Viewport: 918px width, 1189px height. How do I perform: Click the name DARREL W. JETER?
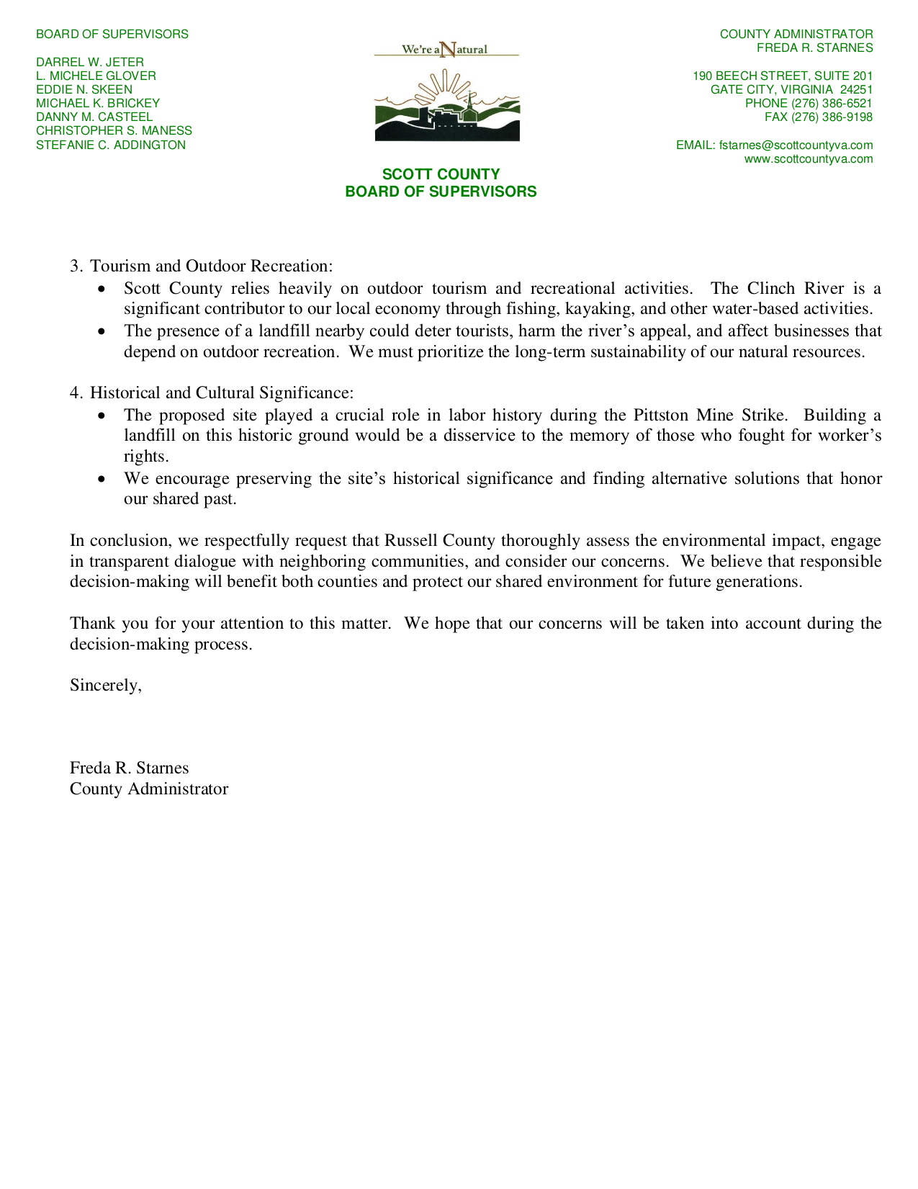pos(90,62)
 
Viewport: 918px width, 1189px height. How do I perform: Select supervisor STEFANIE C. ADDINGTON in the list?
pos(111,145)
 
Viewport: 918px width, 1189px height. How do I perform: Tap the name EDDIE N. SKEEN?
pos(84,89)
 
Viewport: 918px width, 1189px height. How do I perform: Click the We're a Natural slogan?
pos(446,49)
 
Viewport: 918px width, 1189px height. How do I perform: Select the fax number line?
pos(818,117)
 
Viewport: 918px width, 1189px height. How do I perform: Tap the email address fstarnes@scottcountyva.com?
pos(796,145)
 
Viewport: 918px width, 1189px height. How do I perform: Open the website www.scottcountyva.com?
pos(808,159)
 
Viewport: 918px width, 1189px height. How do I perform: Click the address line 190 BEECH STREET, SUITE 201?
pos(782,76)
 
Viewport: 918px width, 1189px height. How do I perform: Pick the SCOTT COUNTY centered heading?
pos(441,174)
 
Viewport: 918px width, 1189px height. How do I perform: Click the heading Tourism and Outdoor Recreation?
pos(211,266)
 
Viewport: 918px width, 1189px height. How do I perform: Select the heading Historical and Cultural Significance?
pos(221,393)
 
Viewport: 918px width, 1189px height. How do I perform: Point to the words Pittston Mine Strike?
pos(710,416)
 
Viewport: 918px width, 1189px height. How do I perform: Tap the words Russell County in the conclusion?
pos(440,541)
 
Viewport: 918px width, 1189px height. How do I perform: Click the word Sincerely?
pos(105,686)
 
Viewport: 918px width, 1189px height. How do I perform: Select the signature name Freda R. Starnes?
pos(129,768)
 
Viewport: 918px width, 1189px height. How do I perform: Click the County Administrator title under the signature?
pos(148,789)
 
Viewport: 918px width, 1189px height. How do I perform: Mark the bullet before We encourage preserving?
pos(104,479)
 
